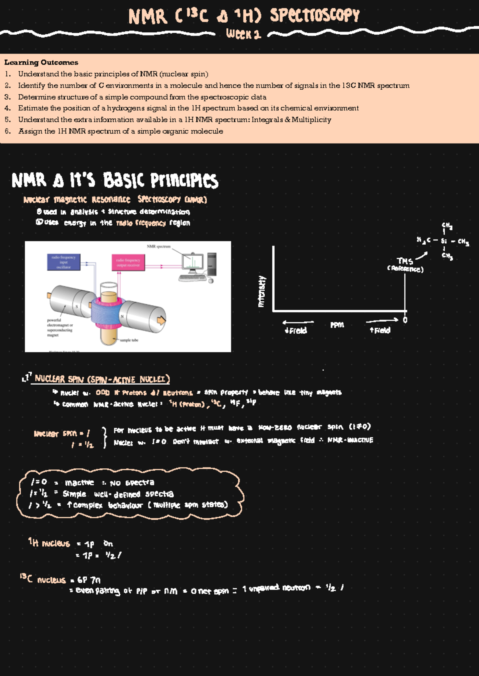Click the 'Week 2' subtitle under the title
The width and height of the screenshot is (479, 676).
(x=243, y=34)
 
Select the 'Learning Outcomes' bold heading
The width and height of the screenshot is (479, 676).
(x=41, y=62)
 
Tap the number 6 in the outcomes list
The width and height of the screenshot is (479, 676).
(x=7, y=131)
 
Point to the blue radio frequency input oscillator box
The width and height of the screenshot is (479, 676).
(x=63, y=262)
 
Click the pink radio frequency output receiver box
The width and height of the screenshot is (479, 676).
(x=128, y=262)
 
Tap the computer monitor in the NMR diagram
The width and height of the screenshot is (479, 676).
(x=192, y=263)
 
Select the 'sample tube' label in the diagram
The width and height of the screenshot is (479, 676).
(x=129, y=340)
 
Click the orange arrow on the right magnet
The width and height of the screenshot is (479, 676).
(x=161, y=320)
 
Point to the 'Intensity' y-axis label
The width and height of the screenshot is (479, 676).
(x=262, y=291)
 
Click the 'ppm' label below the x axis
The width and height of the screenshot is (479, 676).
(x=337, y=325)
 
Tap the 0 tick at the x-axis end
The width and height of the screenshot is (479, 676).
(x=405, y=320)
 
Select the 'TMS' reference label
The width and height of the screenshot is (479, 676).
(x=405, y=261)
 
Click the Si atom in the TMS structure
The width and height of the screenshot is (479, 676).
(x=443, y=241)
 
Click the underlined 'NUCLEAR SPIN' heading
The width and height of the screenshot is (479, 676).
(x=102, y=379)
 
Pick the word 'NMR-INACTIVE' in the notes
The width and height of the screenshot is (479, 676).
(x=350, y=440)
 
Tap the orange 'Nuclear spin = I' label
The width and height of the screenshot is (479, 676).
(x=62, y=433)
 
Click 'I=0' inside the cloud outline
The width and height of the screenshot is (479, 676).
(x=39, y=482)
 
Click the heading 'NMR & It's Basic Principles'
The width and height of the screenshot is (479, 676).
(x=115, y=181)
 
